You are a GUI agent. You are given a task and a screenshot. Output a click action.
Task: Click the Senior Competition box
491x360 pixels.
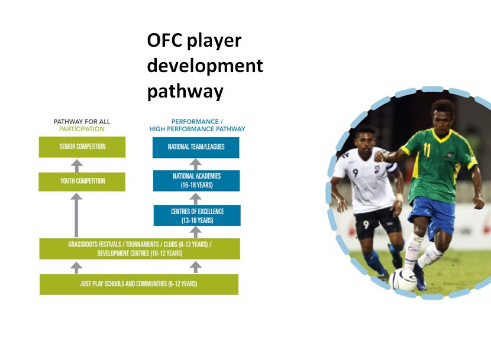pos(82,147)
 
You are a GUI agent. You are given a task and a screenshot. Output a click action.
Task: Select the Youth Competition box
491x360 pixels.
pos(82,181)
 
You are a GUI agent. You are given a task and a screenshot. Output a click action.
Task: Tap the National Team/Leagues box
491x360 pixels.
pos(196,147)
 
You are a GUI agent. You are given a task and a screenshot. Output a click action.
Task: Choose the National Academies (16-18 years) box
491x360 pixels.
pos(196,181)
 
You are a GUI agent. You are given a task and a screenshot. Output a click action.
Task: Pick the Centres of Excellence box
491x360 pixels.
pos(197,215)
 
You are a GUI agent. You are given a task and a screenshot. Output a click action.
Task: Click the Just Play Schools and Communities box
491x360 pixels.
pos(138,284)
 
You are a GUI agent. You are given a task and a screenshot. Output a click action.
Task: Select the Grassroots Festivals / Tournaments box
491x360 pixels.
pos(140,248)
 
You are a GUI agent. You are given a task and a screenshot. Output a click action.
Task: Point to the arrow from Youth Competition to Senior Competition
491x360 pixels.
pos(77,166)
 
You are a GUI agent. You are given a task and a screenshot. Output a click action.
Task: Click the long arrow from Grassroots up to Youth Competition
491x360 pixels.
pos(76,215)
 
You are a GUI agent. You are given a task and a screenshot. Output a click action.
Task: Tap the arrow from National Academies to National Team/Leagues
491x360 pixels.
pos(196,164)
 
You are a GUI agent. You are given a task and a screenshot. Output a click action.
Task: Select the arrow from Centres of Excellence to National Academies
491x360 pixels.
pos(196,199)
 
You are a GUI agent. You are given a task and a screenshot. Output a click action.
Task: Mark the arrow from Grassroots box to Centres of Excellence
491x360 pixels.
pos(196,232)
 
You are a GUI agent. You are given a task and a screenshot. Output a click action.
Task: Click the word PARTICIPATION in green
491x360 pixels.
pos(82,129)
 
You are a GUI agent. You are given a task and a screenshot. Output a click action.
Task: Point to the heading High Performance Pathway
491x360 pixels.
pos(197,129)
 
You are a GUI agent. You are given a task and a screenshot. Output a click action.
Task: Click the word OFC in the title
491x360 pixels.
pos(164,40)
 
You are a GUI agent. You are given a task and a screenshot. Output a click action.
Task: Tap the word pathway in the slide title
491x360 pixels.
pos(185,92)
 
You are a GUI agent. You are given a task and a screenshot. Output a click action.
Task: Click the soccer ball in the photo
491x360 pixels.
pos(403,279)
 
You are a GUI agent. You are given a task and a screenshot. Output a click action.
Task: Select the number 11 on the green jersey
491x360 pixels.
pos(427,150)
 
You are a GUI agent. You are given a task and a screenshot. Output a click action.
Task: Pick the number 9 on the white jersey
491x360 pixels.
pos(356,173)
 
